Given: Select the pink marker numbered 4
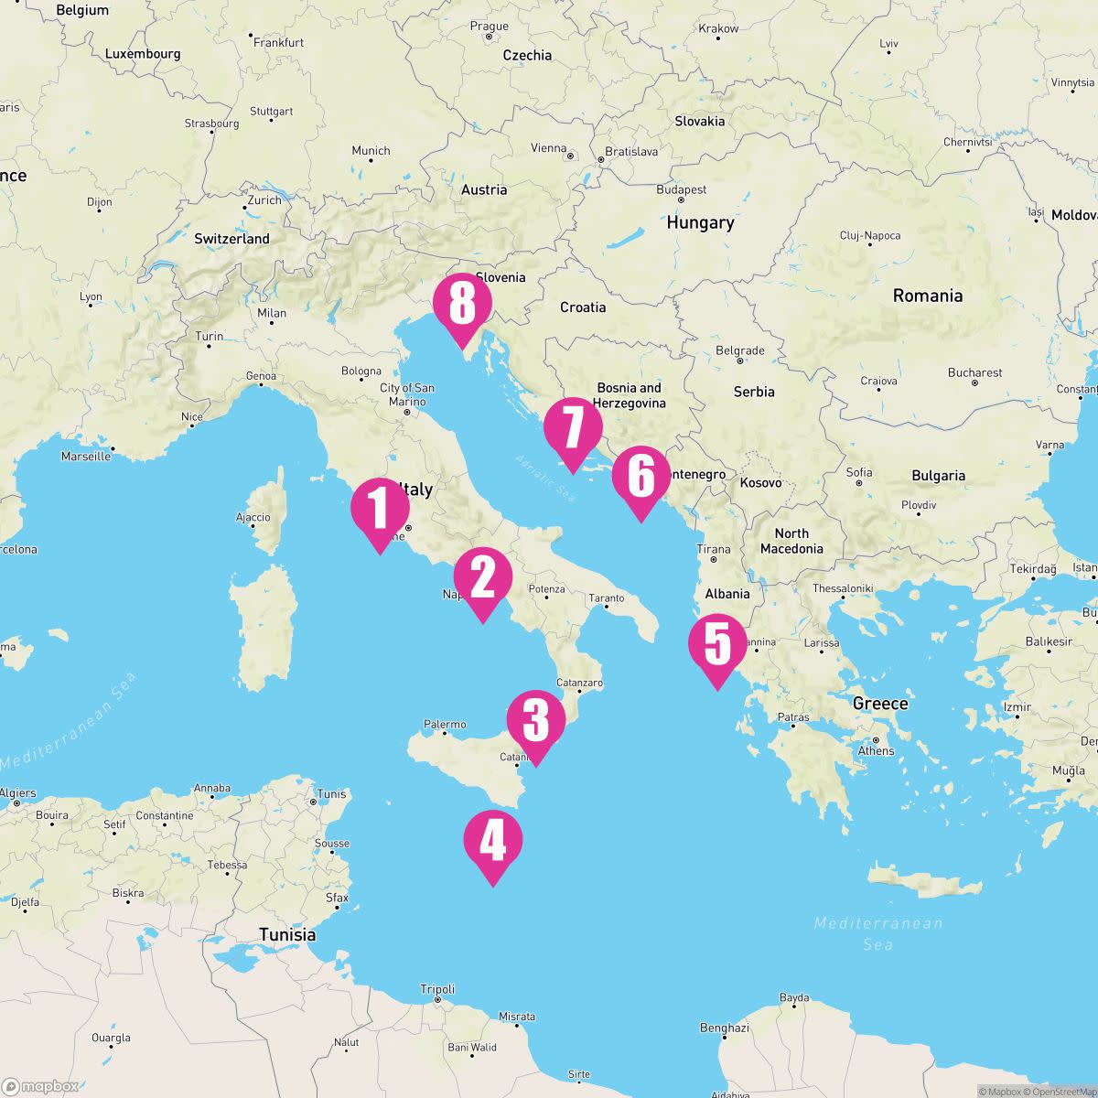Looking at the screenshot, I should [x=492, y=841].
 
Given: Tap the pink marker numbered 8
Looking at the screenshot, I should [x=462, y=304].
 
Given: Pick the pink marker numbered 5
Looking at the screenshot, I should [x=717, y=644].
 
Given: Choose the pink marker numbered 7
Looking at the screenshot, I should [x=573, y=428].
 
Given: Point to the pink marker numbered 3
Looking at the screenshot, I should [x=535, y=720].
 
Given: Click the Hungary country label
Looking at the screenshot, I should [x=700, y=222].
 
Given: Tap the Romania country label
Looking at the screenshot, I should [x=928, y=296].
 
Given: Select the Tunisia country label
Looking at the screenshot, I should [x=287, y=934].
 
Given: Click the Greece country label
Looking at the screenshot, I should [x=880, y=704].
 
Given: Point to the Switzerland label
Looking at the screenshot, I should [x=231, y=239].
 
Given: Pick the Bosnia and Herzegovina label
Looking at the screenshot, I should [x=629, y=395].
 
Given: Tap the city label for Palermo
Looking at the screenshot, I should [x=445, y=725].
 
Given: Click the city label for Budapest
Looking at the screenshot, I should [x=682, y=189].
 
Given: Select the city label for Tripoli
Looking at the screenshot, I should [x=437, y=989].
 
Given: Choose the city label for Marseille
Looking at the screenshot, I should [x=86, y=456].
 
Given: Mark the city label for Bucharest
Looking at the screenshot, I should [x=975, y=372].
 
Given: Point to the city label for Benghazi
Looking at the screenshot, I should [x=725, y=1028].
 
